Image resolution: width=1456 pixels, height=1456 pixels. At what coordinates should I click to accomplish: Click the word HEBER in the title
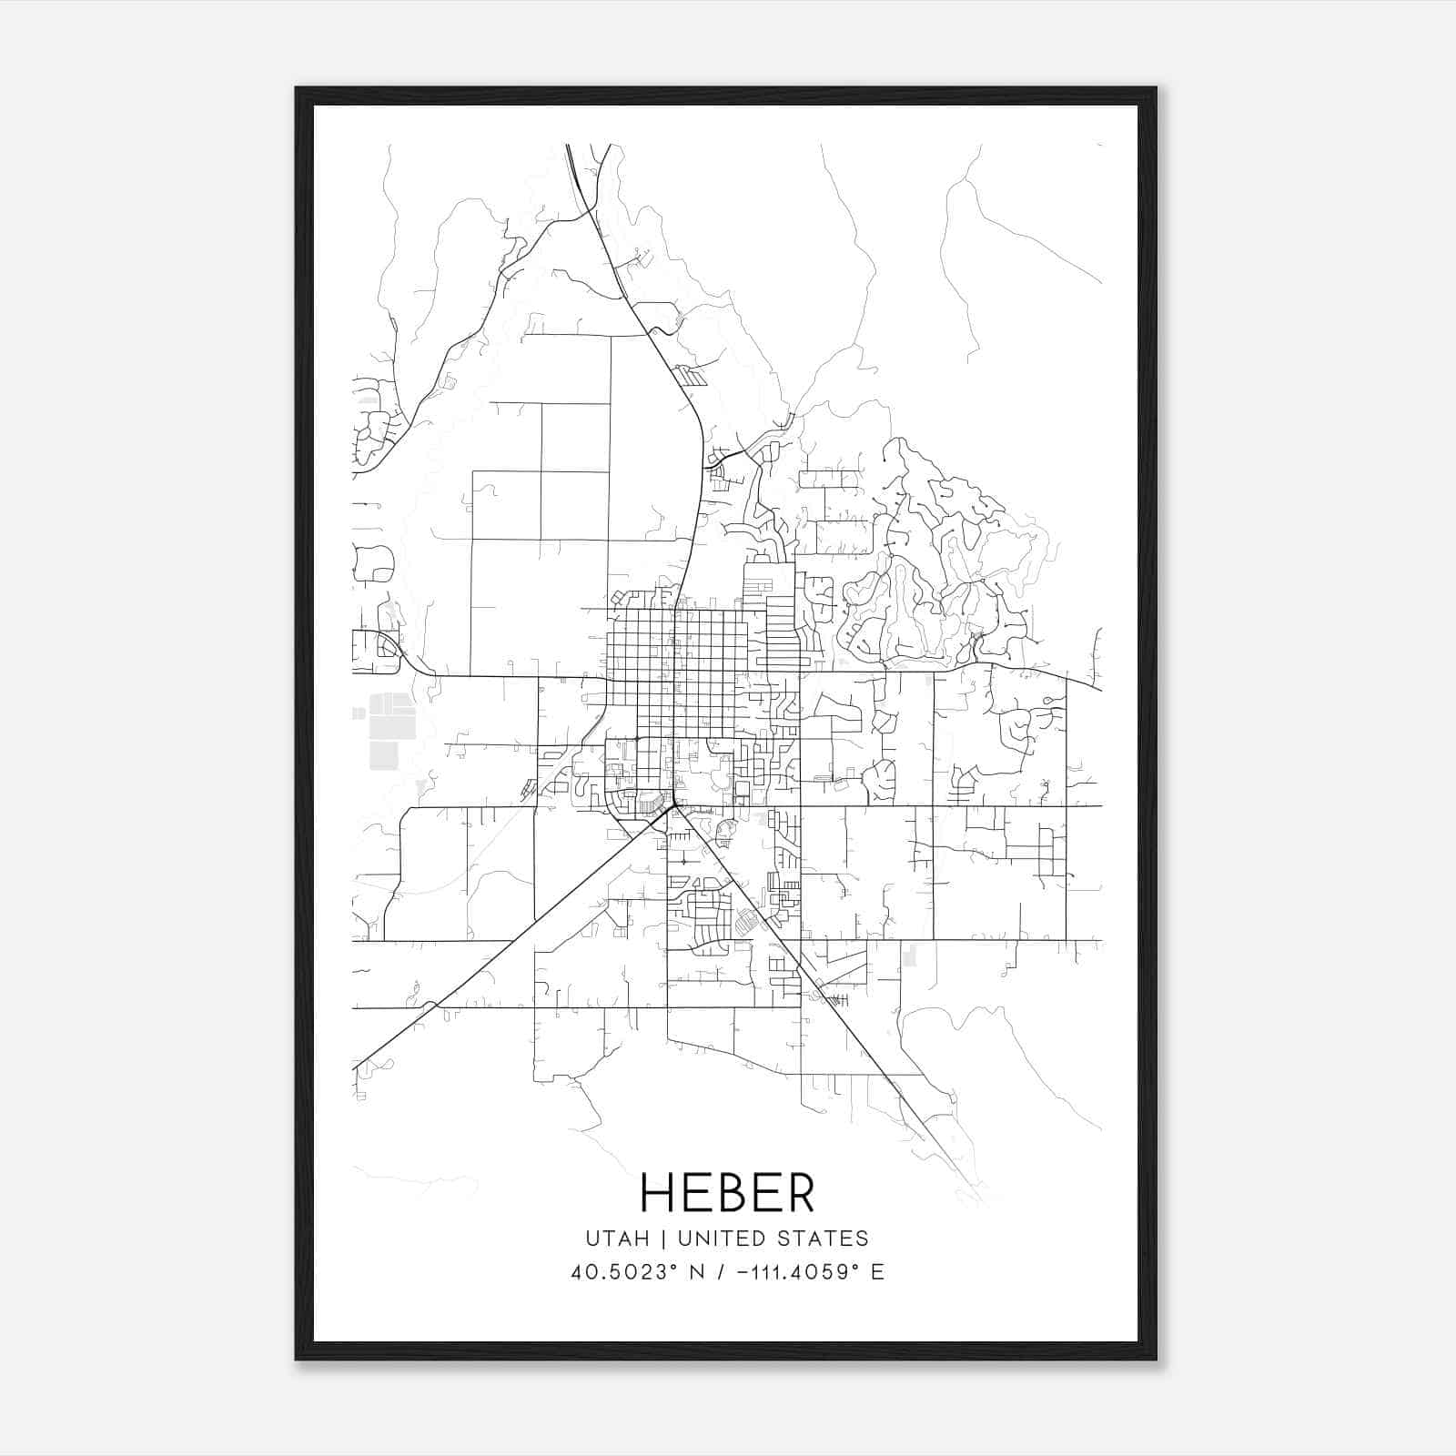[727, 1192]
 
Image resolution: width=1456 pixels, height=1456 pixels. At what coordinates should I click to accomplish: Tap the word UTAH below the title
[618, 1239]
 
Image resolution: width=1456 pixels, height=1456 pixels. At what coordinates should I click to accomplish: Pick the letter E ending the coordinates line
[877, 1272]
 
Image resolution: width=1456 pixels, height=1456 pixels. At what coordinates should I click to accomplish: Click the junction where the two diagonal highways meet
[674, 805]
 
